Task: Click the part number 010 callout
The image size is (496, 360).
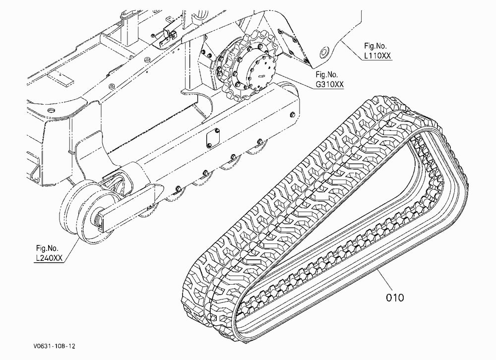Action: click(x=395, y=298)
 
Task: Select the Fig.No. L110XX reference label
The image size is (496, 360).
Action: click(x=377, y=51)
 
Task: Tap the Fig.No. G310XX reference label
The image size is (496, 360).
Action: click(x=329, y=79)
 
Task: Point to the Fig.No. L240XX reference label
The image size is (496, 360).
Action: click(x=49, y=253)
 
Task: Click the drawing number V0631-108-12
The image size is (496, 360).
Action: click(x=54, y=346)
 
